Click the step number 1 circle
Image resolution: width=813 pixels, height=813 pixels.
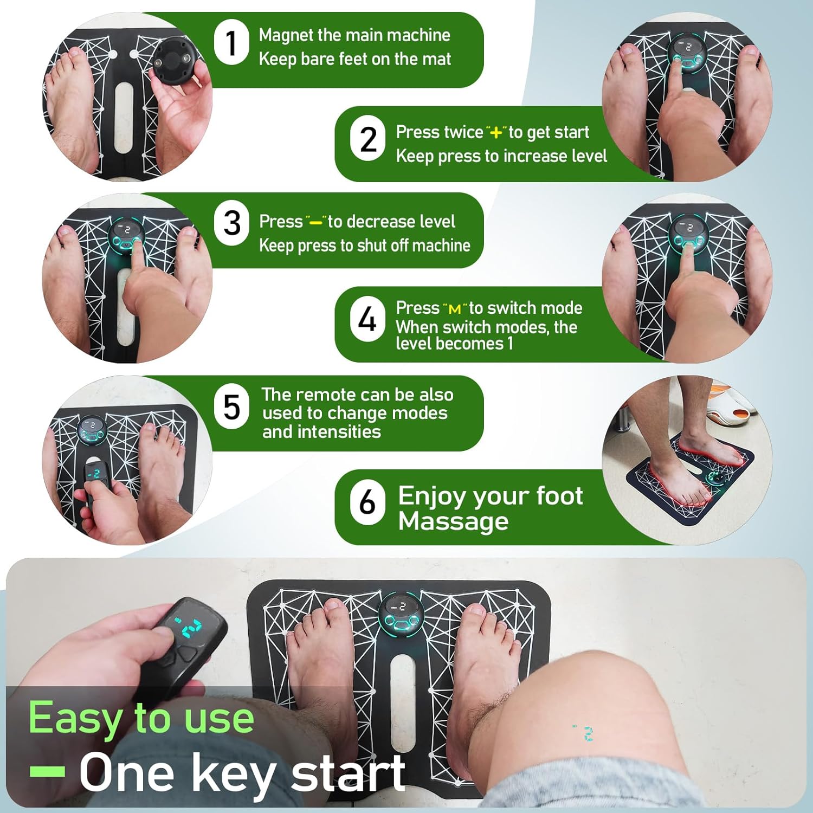point(232,42)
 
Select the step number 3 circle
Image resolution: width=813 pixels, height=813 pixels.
point(232,223)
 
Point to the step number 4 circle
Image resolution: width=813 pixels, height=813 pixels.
point(367,319)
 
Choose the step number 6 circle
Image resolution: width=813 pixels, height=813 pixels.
point(367,501)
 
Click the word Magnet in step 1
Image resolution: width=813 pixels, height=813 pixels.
point(286,36)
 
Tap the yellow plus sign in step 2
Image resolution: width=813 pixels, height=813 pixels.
point(496,132)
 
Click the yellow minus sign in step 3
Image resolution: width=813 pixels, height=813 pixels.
point(316,222)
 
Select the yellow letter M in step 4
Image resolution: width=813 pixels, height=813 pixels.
point(455,309)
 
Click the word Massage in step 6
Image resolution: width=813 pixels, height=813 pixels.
point(454,521)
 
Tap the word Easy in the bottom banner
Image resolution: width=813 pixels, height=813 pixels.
point(77,719)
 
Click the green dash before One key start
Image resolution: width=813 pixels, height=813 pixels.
point(48,771)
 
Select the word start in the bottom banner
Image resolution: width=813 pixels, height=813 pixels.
point(348,772)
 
